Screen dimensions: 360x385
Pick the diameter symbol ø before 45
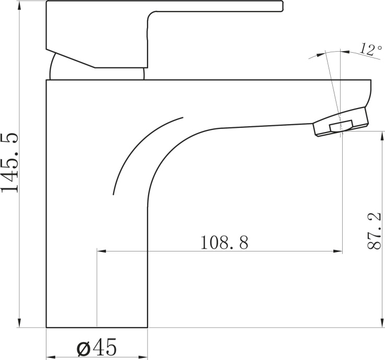tap(83, 347)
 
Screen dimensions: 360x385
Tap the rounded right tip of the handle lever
tap(282, 6)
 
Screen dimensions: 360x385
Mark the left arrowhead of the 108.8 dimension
tap(100, 251)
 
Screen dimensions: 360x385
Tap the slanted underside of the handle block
tap(73, 58)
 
